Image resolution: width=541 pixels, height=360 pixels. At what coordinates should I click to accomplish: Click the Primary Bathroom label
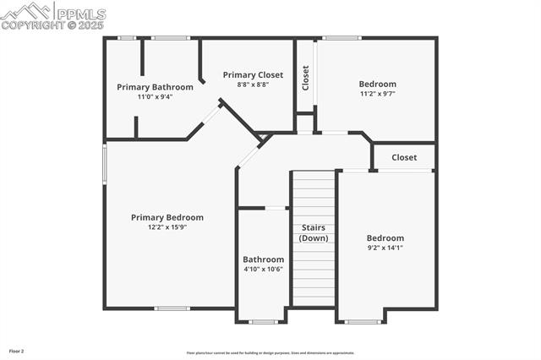point(155,87)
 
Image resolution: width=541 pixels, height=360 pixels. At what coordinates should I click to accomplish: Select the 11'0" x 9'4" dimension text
point(155,96)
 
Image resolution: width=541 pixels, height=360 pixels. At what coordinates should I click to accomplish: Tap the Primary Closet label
point(253,75)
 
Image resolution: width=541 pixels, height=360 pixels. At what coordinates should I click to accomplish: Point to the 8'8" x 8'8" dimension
point(253,85)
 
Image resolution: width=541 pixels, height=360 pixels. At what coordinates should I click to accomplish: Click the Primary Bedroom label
point(167,217)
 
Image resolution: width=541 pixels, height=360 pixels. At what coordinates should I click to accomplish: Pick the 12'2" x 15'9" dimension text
point(167,226)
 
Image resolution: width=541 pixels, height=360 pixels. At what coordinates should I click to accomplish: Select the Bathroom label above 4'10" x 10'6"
point(263,259)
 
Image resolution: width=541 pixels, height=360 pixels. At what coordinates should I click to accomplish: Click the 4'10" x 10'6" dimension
point(263,269)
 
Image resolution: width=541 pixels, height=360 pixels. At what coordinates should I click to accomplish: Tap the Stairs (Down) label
point(313,233)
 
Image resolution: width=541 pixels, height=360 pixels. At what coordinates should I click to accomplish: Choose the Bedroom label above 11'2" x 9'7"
point(377,84)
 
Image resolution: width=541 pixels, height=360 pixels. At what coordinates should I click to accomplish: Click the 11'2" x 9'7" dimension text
point(377,93)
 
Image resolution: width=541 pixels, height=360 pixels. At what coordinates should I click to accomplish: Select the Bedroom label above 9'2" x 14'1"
point(385,238)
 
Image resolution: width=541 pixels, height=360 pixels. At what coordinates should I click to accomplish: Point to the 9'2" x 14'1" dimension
point(385,248)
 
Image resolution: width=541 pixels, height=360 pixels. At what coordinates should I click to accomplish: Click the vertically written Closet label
point(306,79)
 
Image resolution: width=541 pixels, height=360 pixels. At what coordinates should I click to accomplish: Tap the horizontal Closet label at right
point(404,157)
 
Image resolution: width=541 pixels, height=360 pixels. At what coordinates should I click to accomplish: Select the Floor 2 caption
point(17,351)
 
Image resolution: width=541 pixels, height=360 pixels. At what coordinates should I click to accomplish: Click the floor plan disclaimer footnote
point(270,353)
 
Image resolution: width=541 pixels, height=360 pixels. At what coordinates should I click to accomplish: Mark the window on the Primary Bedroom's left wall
point(105,162)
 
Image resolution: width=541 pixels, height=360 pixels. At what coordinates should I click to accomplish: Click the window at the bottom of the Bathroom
point(263,321)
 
